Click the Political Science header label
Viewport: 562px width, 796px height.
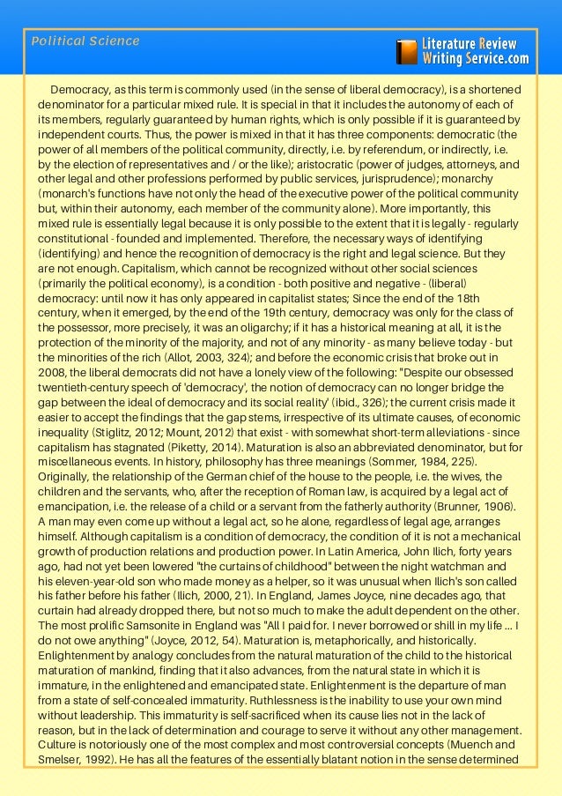(x=85, y=41)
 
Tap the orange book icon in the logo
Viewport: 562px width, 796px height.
(x=407, y=51)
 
